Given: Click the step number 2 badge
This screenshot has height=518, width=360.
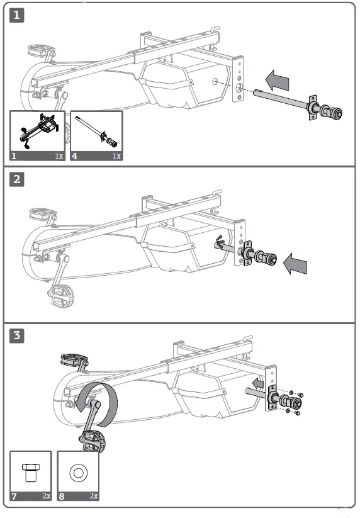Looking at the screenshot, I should pyautogui.click(x=17, y=179).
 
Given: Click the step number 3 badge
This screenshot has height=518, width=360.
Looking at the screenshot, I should pyautogui.click(x=17, y=335).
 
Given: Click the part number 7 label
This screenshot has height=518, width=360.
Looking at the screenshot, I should pyautogui.click(x=14, y=496).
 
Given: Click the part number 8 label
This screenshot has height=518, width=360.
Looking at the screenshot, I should pyautogui.click(x=62, y=496).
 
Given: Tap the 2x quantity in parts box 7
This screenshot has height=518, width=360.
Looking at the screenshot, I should pyautogui.click(x=46, y=496).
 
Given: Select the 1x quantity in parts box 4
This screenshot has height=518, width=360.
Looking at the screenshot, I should pyautogui.click(x=116, y=155).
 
